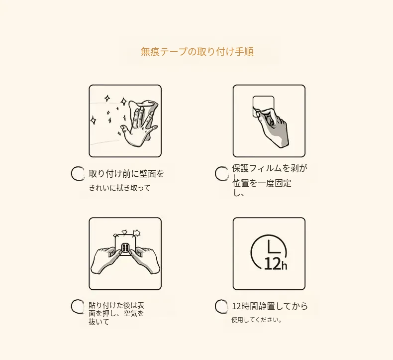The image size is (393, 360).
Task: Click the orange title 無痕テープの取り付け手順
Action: click(197, 51)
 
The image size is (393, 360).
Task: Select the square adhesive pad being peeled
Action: click(263, 106)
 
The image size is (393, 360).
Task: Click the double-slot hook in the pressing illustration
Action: click(125, 248)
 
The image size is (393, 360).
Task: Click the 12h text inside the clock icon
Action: click(276, 264)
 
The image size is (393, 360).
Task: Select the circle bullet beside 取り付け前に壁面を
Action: click(78, 174)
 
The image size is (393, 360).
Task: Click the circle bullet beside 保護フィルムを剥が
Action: click(221, 174)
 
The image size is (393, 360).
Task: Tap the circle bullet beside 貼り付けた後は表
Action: click(78, 306)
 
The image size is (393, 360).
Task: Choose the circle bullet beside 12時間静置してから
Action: click(221, 306)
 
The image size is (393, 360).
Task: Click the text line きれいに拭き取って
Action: click(119, 188)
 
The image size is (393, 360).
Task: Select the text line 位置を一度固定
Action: click(262, 183)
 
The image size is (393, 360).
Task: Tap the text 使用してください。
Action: click(256, 320)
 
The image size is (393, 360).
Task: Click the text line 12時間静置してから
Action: click(270, 306)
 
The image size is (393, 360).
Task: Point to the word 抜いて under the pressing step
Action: click(99, 322)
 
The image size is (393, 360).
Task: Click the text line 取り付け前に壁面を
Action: click(126, 174)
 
